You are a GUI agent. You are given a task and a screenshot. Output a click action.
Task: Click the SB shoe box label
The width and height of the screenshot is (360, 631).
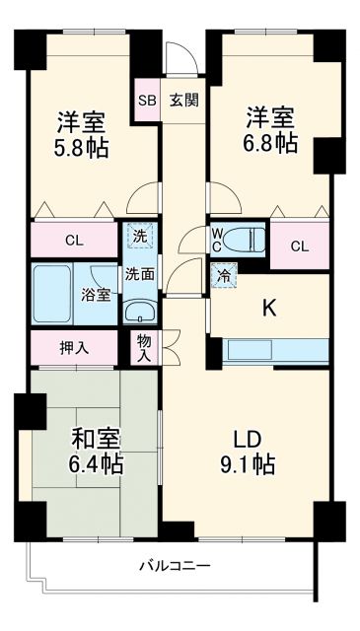tap(146, 101)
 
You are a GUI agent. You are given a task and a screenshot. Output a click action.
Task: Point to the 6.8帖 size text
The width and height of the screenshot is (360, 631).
tap(269, 143)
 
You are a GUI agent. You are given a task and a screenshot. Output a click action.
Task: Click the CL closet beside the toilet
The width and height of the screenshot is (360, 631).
tap(300, 245)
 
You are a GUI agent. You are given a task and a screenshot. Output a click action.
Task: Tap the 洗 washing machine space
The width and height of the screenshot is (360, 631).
tap(139, 237)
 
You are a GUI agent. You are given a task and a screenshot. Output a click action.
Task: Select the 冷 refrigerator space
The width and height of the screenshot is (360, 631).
tap(225, 276)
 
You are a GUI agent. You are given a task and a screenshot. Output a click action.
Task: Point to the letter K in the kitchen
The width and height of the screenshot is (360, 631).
tap(268, 308)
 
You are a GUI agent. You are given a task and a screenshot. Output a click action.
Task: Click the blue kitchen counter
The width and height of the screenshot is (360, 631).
tap(276, 350)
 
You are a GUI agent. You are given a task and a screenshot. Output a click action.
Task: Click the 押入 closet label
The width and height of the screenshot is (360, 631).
tap(75, 347)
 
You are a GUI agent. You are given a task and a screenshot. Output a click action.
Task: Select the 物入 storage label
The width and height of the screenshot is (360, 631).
tap(142, 347)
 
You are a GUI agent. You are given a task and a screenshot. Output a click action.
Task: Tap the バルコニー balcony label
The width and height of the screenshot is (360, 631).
tap(174, 566)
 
